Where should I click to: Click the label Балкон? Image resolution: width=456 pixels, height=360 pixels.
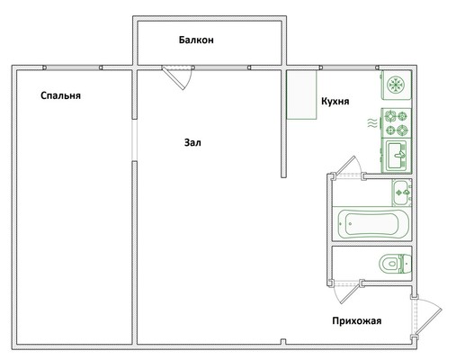196,40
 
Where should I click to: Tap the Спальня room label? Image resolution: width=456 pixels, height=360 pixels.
60,95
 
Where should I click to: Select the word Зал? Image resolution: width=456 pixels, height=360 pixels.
192,142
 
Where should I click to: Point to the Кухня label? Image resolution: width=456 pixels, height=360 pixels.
335,102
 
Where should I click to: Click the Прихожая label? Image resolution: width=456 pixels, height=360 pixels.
357,321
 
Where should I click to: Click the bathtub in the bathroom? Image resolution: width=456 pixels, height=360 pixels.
372,224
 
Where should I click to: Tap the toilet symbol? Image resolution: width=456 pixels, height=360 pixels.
395,264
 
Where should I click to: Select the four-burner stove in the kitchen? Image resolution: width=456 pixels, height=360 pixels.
396,123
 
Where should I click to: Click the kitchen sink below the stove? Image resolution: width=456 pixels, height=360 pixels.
396,156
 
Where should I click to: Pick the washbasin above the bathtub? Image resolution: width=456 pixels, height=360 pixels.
402,193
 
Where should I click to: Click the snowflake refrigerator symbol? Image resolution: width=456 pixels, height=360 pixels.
396,85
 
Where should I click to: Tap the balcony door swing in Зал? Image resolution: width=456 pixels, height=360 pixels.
177,77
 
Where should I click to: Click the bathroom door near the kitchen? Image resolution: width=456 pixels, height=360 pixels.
347,166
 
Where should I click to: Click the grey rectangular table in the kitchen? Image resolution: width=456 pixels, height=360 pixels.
301,94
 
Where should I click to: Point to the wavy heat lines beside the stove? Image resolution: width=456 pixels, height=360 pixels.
372,123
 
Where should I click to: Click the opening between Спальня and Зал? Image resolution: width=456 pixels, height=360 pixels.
135,140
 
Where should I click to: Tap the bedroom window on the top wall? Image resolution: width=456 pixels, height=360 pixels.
73,67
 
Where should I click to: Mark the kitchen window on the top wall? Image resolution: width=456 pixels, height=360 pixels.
349,67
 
